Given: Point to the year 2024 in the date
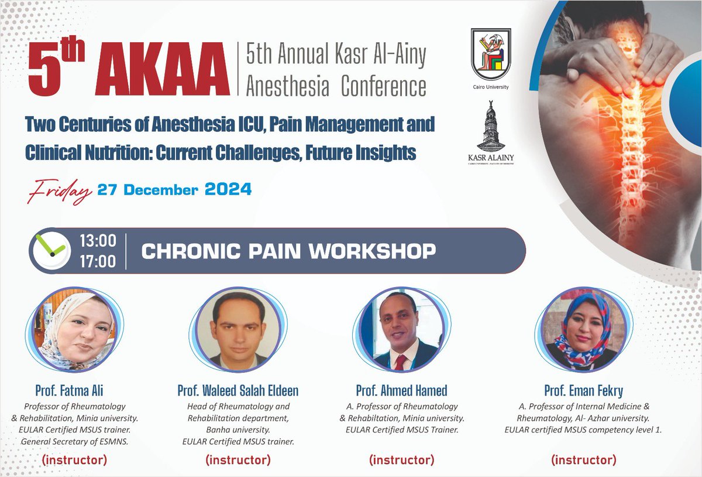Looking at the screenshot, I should pos(228,190).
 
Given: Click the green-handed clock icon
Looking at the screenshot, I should pos(51,250).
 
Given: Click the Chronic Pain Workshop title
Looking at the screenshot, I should pos(288,251).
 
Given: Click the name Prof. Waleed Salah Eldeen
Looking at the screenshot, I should pos(238,391).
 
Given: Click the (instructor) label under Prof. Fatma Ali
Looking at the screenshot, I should pos(74,460).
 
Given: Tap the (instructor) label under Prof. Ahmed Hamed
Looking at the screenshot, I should pos(401,460).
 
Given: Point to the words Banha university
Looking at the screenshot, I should pos(238,429).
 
